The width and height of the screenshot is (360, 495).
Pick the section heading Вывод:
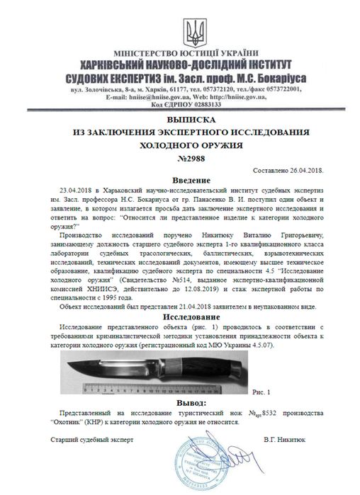183,402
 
